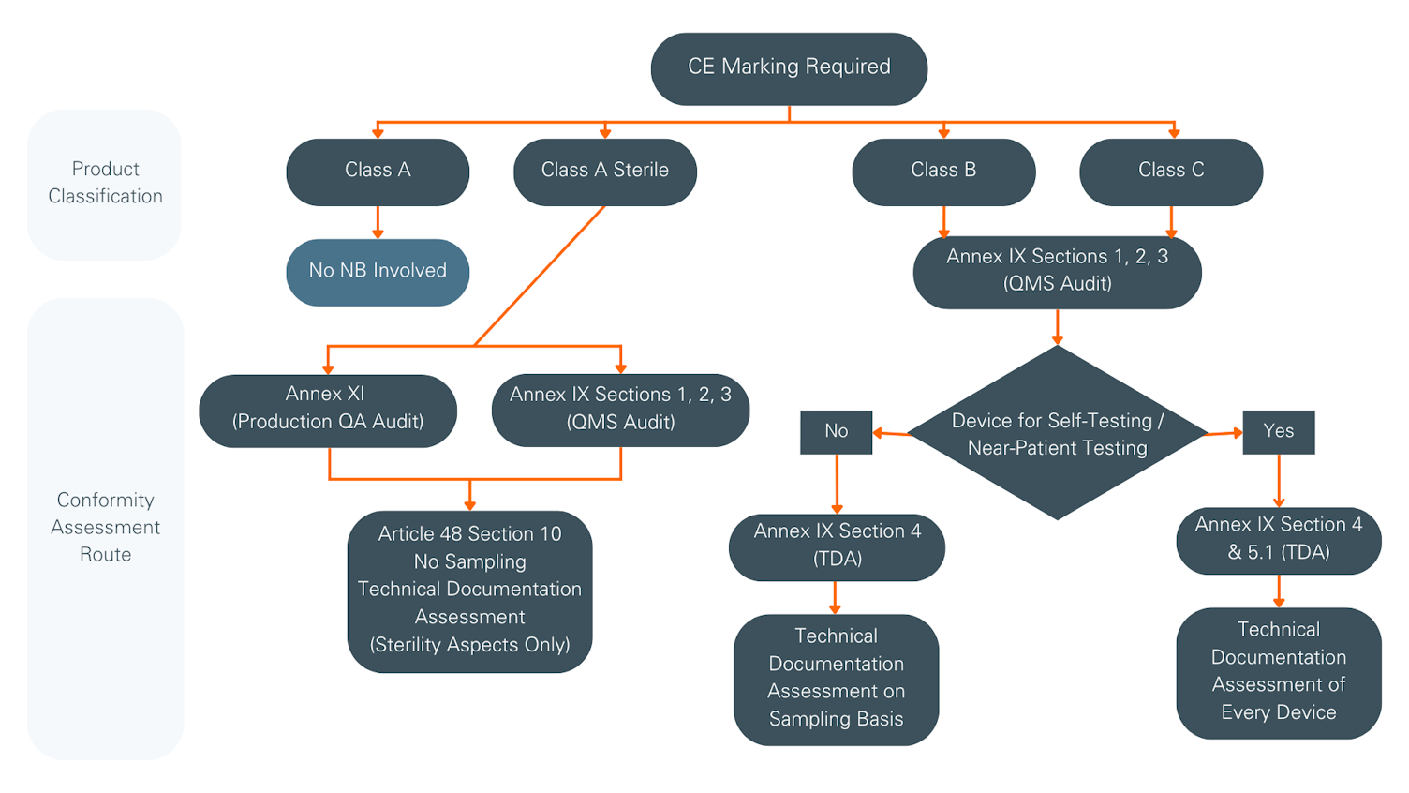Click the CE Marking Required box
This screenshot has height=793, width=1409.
coord(789,68)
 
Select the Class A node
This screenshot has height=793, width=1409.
coord(378,172)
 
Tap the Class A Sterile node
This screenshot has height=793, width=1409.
coord(604,172)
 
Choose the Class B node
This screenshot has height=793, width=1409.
coord(943,172)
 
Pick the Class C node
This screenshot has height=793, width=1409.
coord(1171,172)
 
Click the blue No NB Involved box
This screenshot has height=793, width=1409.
coord(378,272)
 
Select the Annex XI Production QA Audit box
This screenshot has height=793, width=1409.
coord(328,410)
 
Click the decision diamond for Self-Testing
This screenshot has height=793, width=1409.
coord(1057,433)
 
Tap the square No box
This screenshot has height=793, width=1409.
coord(836,432)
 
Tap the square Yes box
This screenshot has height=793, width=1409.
coord(1278,432)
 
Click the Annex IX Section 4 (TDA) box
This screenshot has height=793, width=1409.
coord(837,546)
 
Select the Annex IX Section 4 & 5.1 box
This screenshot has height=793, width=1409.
coord(1278,540)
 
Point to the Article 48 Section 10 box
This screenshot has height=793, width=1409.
coord(469,591)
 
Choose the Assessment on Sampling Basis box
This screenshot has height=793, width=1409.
coord(836,679)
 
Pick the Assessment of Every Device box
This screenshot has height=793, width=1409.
coord(1278,672)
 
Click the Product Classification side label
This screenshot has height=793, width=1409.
coord(105,184)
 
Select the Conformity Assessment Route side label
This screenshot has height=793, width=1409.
coord(105,528)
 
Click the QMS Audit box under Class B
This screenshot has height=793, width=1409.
coord(1057,271)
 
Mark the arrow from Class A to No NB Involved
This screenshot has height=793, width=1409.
coord(378,222)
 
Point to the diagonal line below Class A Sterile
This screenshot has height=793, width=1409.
coord(541,276)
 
